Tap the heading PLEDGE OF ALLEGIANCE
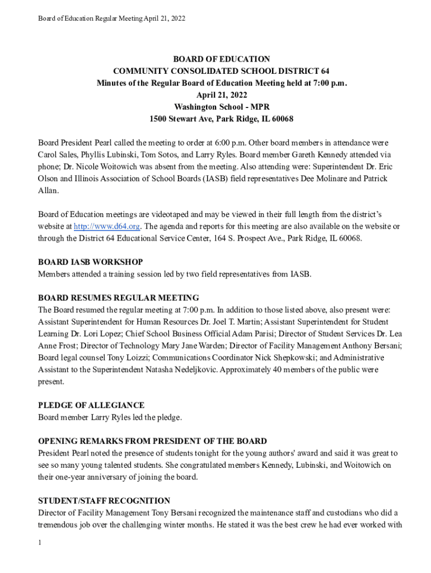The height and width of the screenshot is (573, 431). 91,405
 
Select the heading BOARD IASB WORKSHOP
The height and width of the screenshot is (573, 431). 90,262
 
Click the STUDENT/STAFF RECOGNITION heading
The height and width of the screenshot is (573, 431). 104,500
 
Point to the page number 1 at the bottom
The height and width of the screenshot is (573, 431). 40,543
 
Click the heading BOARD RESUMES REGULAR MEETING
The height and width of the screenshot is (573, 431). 118,298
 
